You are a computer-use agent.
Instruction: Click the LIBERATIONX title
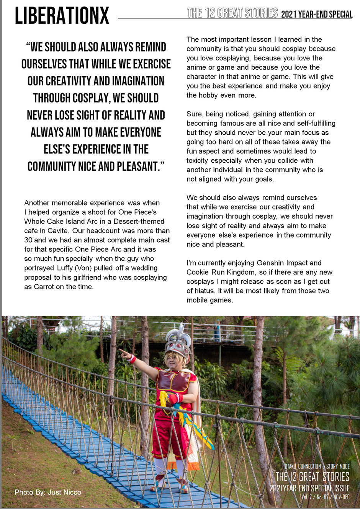click(62, 16)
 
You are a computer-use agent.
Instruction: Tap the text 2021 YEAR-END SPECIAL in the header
click(317, 15)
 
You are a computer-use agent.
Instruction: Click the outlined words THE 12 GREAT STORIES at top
click(232, 13)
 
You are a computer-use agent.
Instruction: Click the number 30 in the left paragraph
click(28, 240)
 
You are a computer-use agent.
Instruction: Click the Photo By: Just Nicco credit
click(48, 492)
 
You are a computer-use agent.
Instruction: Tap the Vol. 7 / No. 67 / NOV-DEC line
click(325, 497)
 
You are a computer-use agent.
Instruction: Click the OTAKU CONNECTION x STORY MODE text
click(317, 467)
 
